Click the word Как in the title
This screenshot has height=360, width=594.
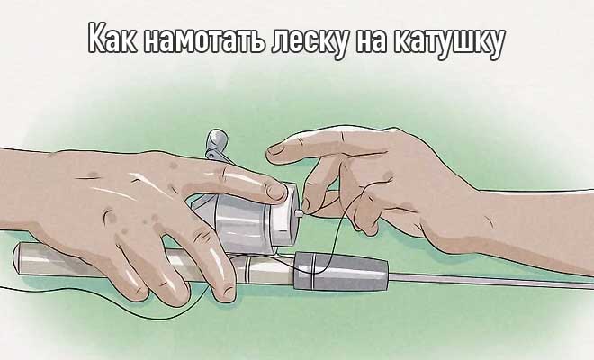(x=112, y=39)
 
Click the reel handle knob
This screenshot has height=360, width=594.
(x=218, y=140)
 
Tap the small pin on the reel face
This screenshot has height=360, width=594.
(x=299, y=214)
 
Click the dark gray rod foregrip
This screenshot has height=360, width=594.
(x=341, y=271)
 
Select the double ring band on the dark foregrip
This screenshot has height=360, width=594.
(x=313, y=270)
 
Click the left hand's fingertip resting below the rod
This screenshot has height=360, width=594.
(x=226, y=292)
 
